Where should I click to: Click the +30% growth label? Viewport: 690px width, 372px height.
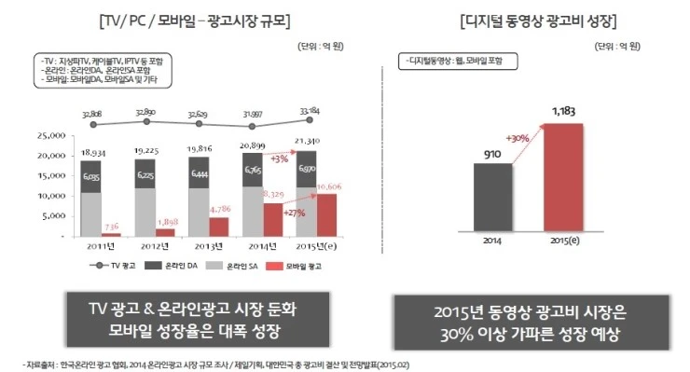click(517, 140)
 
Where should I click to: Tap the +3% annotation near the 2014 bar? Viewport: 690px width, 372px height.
click(281, 159)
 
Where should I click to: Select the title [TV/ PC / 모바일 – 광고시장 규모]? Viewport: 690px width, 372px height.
click(179, 21)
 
